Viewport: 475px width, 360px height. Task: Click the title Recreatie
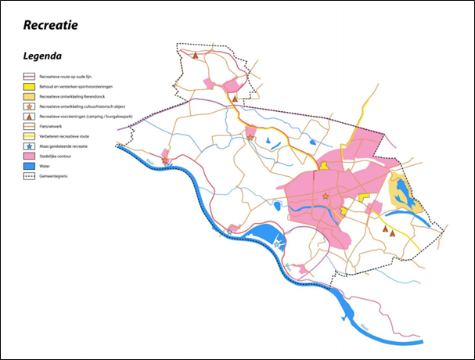pyautogui.click(x=51, y=26)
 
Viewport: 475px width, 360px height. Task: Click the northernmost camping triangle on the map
pyautogui.click(x=195, y=55)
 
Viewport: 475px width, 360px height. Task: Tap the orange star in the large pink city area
pyautogui.click(x=326, y=196)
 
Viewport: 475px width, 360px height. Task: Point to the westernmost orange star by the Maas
pyautogui.click(x=165, y=160)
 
